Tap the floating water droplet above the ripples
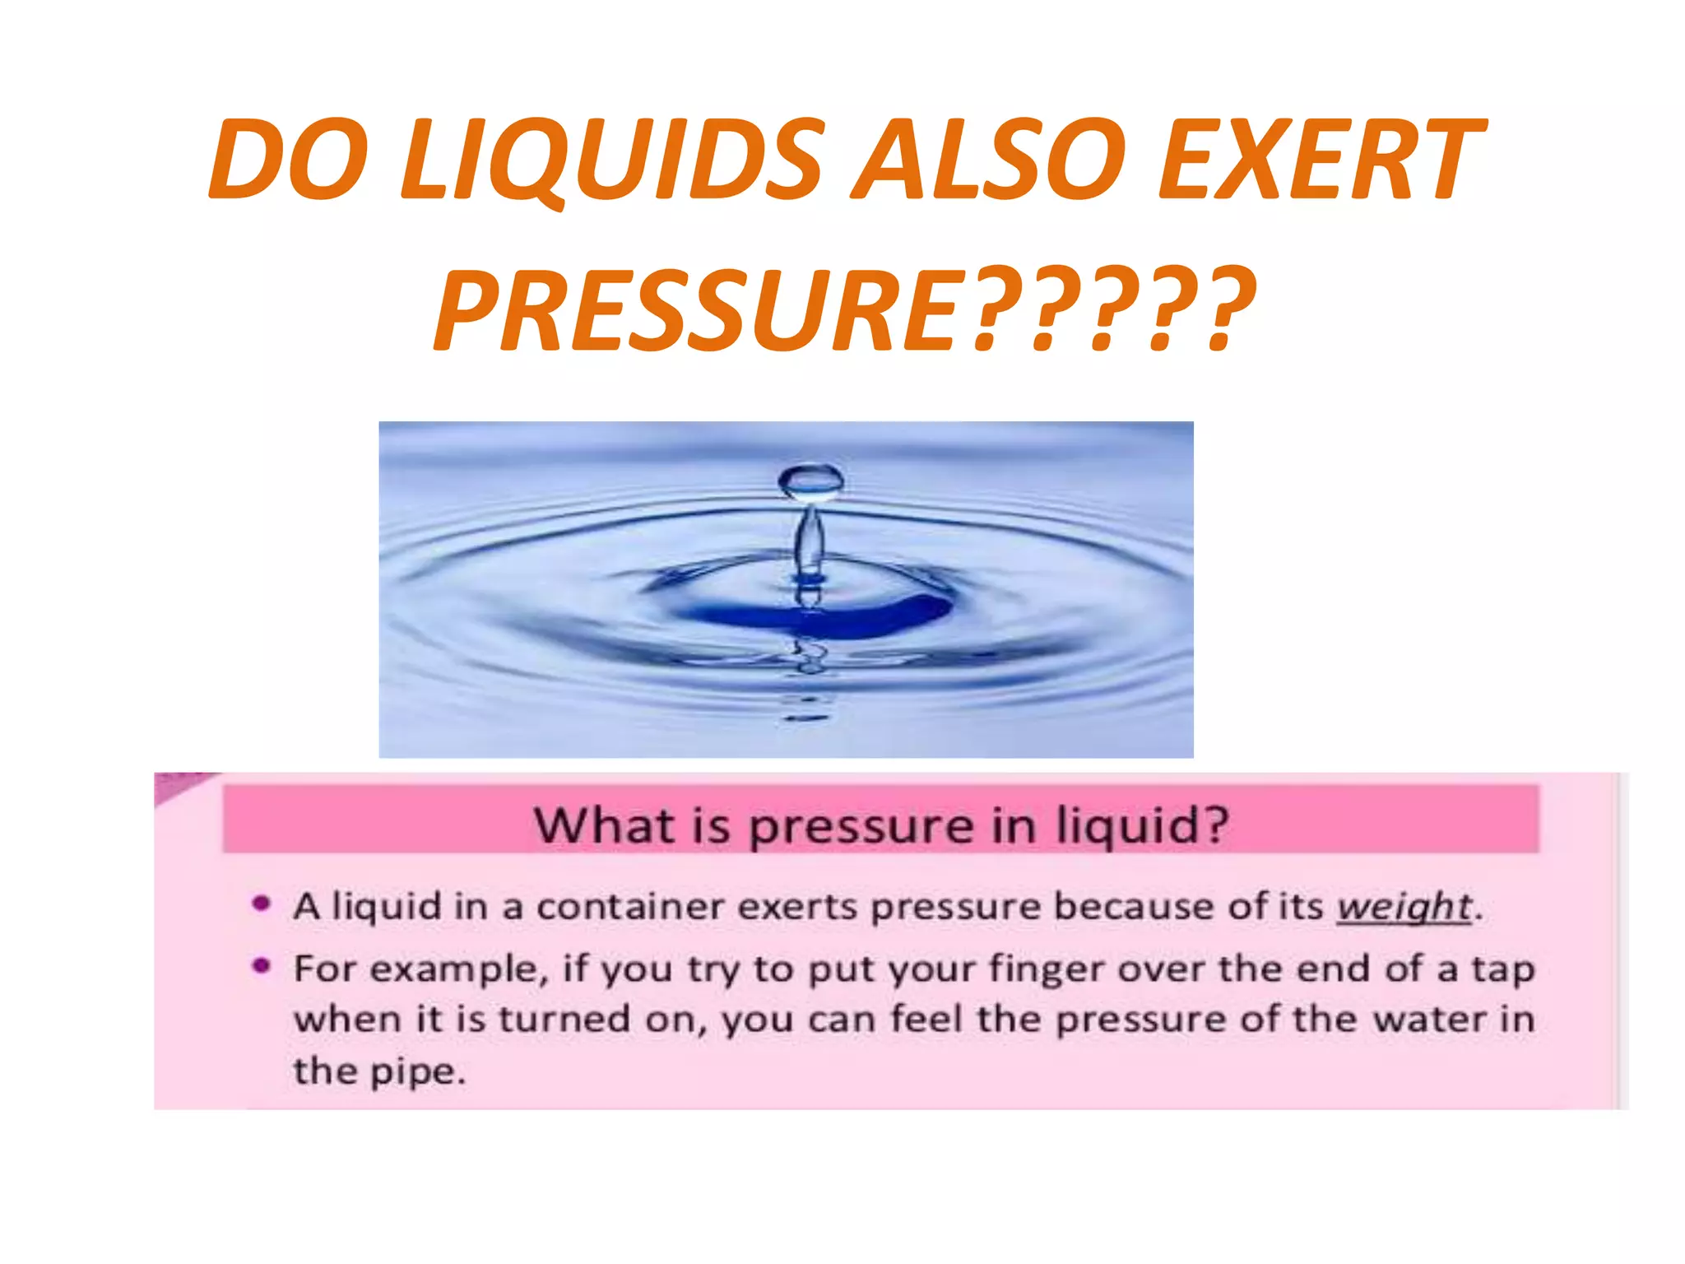[810, 481]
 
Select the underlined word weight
[1404, 907]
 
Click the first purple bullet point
[262, 904]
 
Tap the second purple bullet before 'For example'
[262, 965]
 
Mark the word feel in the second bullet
[927, 1020]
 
